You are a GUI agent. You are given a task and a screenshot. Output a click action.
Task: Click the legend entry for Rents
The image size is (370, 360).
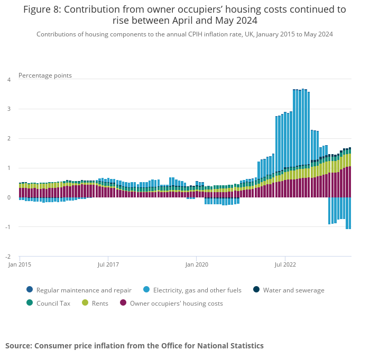[x=100, y=303]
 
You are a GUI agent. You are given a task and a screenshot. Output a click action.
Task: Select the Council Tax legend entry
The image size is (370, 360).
[x=53, y=303]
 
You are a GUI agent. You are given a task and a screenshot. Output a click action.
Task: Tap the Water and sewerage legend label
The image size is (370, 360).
[x=293, y=290]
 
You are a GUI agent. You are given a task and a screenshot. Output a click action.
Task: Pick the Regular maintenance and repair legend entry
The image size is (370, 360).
[x=84, y=290]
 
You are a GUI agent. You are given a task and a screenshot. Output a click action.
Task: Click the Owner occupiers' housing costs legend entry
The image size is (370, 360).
[x=176, y=303]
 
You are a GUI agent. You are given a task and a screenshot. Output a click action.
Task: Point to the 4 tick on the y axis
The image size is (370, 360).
[x=8, y=80]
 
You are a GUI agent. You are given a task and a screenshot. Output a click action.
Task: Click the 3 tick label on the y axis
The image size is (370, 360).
[x=8, y=109]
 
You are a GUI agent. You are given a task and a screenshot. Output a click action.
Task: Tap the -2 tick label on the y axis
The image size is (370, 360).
[x=8, y=257]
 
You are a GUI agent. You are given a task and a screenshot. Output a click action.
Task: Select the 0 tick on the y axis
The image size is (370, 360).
[x=8, y=197]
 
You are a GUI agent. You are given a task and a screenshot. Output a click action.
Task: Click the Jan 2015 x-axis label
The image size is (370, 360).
[x=19, y=264]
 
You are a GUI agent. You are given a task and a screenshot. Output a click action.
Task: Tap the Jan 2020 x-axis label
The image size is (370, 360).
[x=196, y=264]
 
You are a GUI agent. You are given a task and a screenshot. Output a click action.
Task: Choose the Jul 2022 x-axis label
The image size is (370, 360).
[x=285, y=264]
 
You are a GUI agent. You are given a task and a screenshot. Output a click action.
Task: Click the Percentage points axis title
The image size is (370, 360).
[x=45, y=75]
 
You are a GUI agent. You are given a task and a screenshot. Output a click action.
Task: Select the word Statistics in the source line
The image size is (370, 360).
[x=243, y=346]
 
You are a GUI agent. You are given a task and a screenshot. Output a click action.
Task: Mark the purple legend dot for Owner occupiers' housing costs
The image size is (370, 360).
[x=123, y=302]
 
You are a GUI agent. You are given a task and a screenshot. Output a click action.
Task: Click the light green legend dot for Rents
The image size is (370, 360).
[x=85, y=302]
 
